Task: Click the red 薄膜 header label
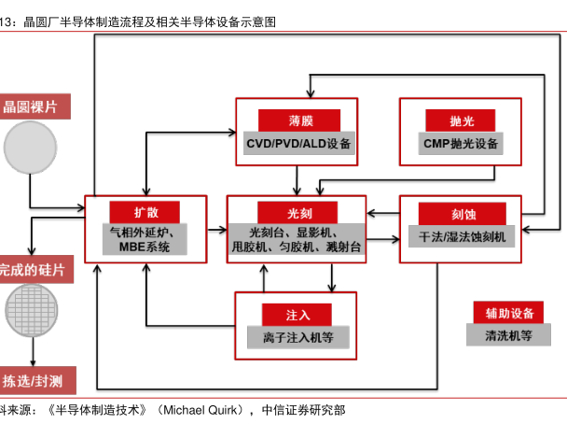pyautogui.click(x=298, y=120)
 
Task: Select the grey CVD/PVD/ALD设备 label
pyautogui.click(x=298, y=144)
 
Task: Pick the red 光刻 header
pyautogui.click(x=298, y=212)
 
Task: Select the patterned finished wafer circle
pyautogui.click(x=32, y=310)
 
